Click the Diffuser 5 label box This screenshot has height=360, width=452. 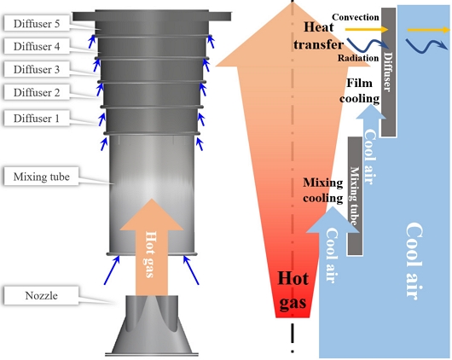37,23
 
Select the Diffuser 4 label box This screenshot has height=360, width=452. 37,46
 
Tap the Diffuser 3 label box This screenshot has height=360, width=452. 37,69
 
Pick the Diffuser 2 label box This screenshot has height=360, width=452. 37,92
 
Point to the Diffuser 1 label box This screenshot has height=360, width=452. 37,118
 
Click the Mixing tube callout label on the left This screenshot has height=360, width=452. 41,177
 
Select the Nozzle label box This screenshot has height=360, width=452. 41,295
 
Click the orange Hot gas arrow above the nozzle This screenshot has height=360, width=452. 152,247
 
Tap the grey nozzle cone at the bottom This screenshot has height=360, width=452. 152,325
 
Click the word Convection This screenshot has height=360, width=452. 356,17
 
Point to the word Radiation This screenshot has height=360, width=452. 358,58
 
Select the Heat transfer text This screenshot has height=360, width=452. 319,36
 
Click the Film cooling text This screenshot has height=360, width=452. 359,91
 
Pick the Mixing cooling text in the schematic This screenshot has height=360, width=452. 323,190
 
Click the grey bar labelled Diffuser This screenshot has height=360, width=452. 388,72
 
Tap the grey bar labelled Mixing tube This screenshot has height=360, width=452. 355,196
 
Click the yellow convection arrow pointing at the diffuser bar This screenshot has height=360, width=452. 367,29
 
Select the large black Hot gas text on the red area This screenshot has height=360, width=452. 293,291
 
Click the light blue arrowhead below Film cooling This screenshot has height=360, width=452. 371,113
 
